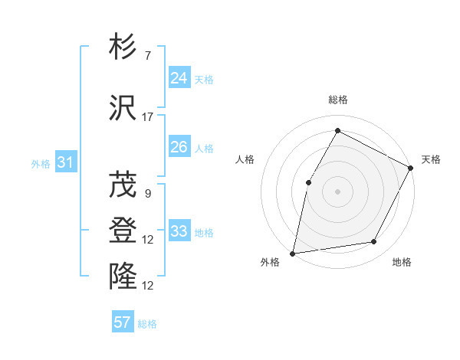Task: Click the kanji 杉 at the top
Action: point(123,47)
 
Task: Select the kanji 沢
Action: point(123,107)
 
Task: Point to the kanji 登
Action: point(123,230)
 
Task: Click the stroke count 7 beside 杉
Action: point(148,56)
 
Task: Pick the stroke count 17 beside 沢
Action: point(148,116)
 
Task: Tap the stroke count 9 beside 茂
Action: point(148,194)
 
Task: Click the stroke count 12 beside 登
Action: point(148,240)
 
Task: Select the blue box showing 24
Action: point(179,78)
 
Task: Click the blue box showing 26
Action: point(179,147)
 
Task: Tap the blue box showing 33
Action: point(179,231)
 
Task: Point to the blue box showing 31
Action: point(65,162)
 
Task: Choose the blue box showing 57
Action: point(123,322)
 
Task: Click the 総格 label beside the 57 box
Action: point(148,324)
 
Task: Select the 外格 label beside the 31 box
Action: point(41,163)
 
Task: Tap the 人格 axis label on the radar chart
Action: point(245,159)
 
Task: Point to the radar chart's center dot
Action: point(337,191)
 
